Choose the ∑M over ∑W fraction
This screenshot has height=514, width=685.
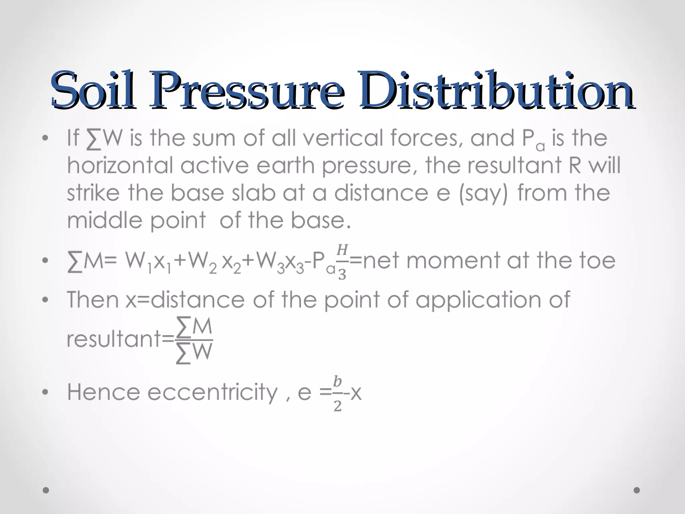click(x=194, y=340)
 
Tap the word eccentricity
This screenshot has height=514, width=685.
click(x=212, y=392)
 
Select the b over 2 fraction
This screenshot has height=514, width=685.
click(x=337, y=394)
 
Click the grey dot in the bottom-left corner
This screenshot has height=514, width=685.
click(x=46, y=490)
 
